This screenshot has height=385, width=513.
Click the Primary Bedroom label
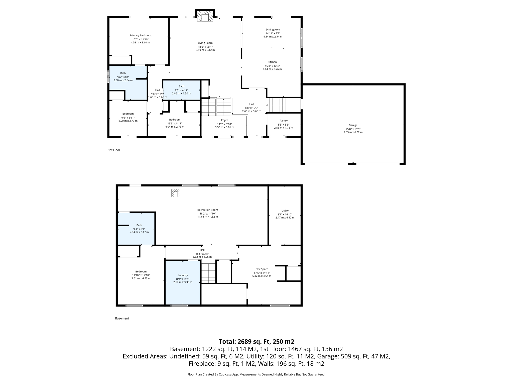(x=140, y=35)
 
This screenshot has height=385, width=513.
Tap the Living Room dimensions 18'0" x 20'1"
(x=205, y=47)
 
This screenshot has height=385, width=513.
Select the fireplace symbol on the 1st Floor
(x=205, y=16)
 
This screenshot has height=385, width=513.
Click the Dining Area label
(x=273, y=30)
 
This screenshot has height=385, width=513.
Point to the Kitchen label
(x=272, y=62)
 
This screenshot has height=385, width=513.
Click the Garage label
(x=353, y=125)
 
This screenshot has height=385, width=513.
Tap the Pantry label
(x=284, y=121)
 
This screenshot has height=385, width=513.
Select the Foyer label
(x=224, y=120)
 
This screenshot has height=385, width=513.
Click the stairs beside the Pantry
(x=278, y=105)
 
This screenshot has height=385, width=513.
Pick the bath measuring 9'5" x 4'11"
(x=181, y=90)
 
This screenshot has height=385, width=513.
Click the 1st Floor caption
(x=114, y=150)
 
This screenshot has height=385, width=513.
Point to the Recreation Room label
(x=208, y=210)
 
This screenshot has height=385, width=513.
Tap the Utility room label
(x=285, y=211)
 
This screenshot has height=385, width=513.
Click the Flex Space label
(x=262, y=269)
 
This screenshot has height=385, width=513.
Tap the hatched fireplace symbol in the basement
(x=176, y=193)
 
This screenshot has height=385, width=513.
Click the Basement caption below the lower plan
(x=122, y=318)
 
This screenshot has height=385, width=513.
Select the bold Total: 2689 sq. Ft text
(x=256, y=341)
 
